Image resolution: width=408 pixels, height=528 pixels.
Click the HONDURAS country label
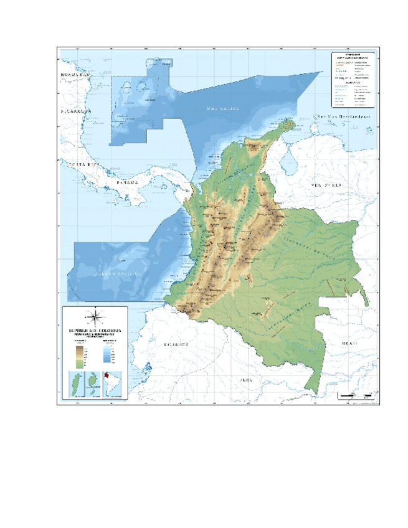[x=75, y=73]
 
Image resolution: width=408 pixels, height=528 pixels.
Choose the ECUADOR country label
[x=176, y=344]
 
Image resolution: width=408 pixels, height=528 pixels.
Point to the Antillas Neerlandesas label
[x=342, y=116]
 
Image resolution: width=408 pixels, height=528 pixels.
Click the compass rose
[x=95, y=315]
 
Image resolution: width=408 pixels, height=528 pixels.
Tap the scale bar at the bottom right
[x=356, y=395]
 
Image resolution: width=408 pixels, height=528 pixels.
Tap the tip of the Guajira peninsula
[x=288, y=123]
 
